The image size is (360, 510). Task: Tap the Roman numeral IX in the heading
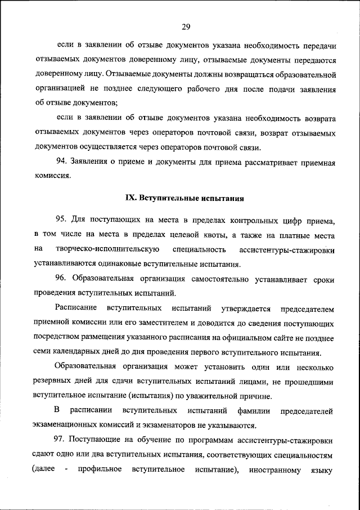pos(128,198)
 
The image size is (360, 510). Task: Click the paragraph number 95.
pos(61,220)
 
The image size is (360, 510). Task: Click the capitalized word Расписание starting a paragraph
pos(76,308)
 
